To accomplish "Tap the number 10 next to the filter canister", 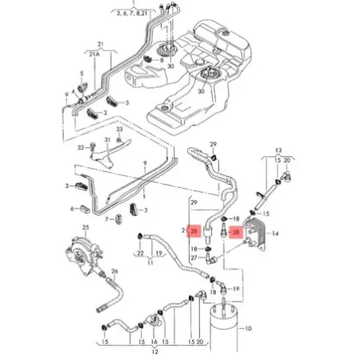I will coord(248,327).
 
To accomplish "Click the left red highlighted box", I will coord(194,233).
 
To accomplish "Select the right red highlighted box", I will coord(235,233).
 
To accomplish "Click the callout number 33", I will coord(118,129).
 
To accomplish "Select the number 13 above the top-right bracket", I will coord(278,150).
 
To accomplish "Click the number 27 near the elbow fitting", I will coord(193,259).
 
